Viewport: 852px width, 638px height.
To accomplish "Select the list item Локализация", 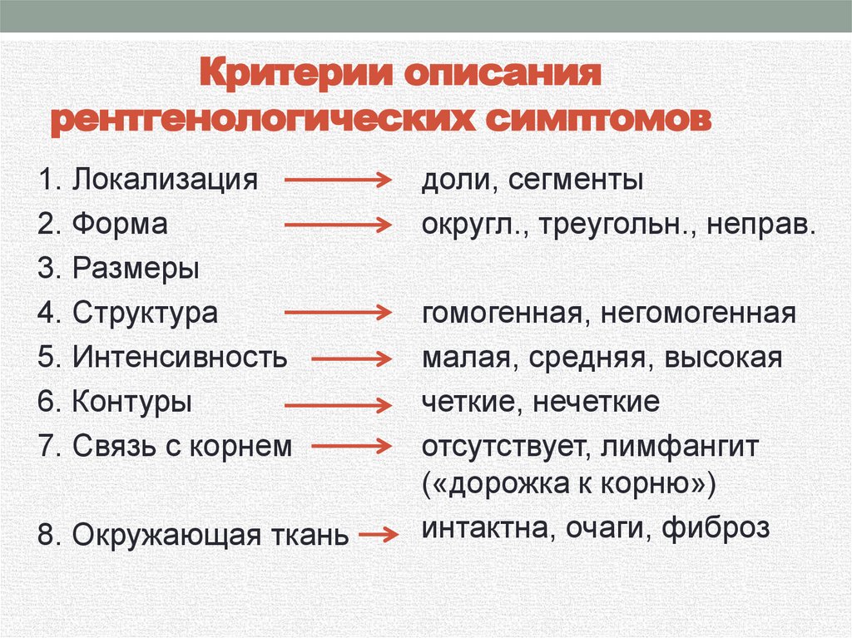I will click(164, 180).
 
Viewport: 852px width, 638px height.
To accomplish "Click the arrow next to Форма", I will click(337, 225).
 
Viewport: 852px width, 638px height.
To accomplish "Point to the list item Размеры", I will click(136, 269).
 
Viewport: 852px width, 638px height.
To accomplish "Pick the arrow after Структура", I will click(337, 314).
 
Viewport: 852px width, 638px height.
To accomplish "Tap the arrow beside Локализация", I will click(337, 180).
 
